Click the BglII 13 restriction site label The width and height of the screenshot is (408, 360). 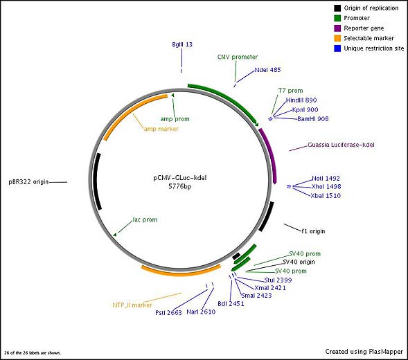click(182, 44)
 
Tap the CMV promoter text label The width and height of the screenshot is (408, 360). click(238, 57)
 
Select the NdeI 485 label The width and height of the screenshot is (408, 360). click(267, 70)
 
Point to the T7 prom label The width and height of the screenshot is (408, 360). click(290, 91)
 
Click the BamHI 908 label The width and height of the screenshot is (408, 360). click(313, 119)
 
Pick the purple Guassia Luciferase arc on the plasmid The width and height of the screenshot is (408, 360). click(270, 154)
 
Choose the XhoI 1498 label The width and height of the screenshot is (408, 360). click(326, 186)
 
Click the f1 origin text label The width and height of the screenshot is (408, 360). click(313, 231)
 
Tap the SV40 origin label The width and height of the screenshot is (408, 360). click(299, 262)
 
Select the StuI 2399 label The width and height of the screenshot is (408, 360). click(278, 280)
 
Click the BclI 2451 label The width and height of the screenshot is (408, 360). click(231, 303)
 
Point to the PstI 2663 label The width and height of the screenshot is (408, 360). click(168, 312)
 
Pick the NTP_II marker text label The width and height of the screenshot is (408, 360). click(132, 305)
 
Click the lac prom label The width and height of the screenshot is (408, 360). click(145, 219)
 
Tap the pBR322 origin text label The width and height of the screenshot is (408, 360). click(28, 182)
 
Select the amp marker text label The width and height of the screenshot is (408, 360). click(161, 129)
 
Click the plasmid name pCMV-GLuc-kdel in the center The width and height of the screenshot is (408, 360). click(180, 178)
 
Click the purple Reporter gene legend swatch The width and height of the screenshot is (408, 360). click(337, 28)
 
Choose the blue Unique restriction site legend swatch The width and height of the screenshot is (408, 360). click(337, 48)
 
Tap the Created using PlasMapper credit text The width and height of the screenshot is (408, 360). click(364, 352)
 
